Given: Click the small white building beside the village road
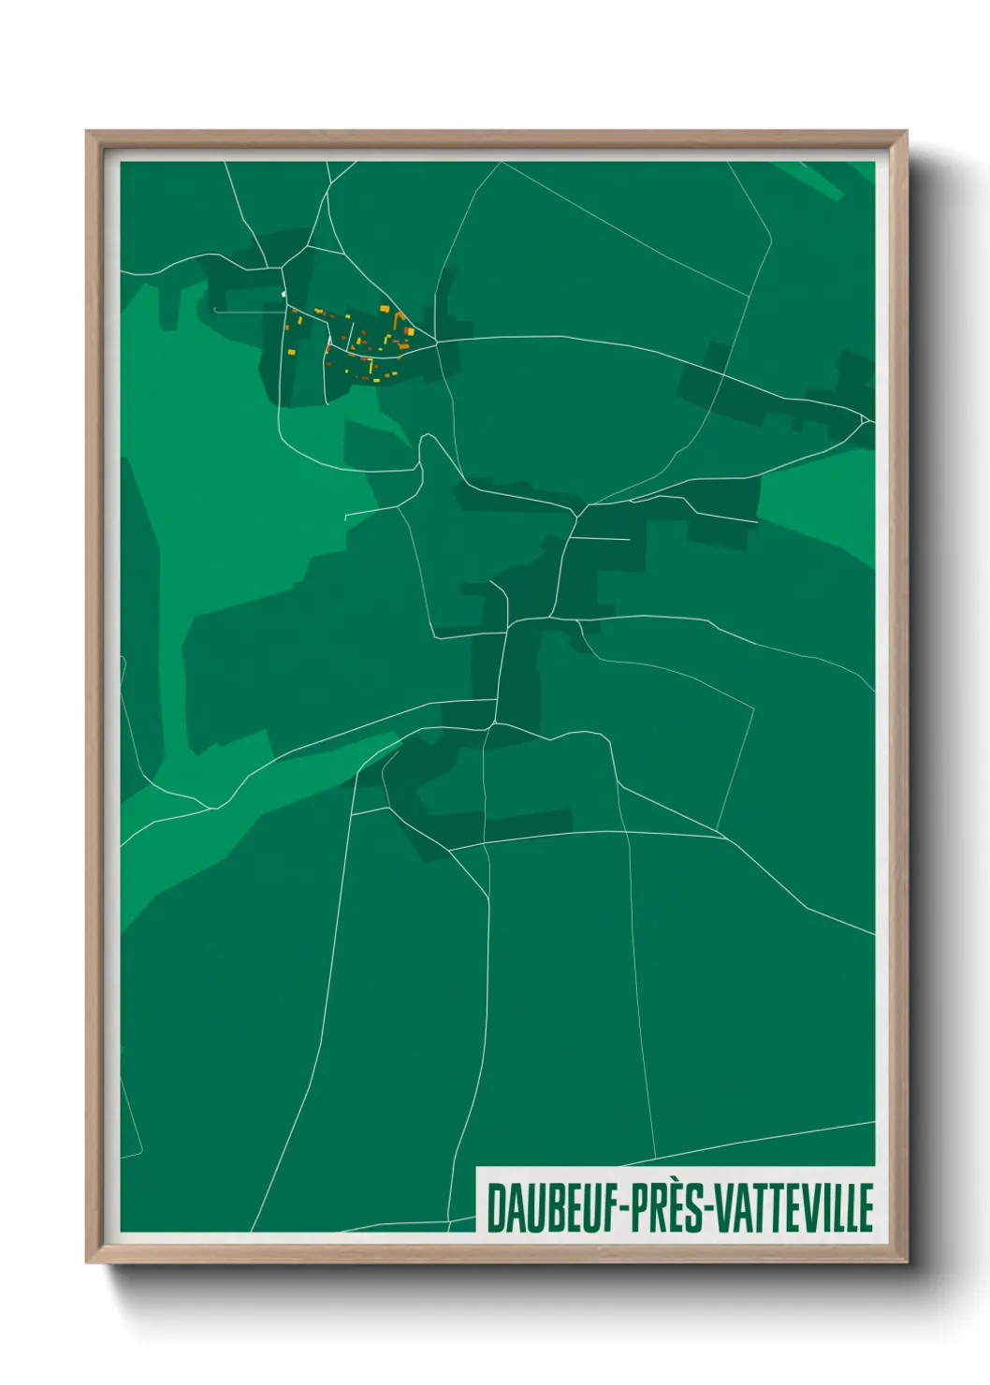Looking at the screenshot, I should [284, 295].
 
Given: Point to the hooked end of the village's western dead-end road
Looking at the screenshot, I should [215, 309].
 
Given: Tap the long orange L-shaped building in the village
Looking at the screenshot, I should [397, 318].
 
